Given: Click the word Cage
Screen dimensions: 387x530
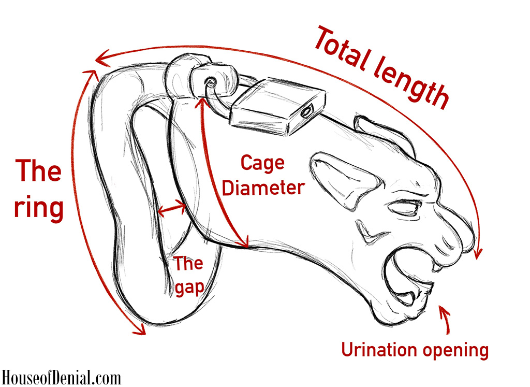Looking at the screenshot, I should [x=262, y=164].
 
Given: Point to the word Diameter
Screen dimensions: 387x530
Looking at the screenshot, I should [x=262, y=187].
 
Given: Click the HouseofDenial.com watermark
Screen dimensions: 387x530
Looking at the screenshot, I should [x=61, y=377].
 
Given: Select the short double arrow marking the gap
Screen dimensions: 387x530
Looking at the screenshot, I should [x=172, y=210].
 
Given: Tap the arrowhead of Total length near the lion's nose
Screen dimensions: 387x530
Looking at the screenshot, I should [x=477, y=253].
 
